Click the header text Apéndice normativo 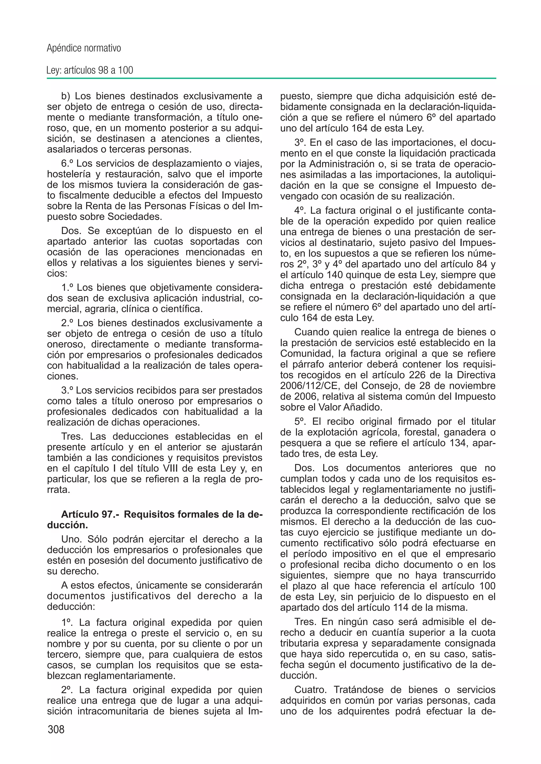[x=84, y=48]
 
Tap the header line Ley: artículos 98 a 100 [x=90, y=70]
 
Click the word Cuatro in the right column [x=310, y=690]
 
